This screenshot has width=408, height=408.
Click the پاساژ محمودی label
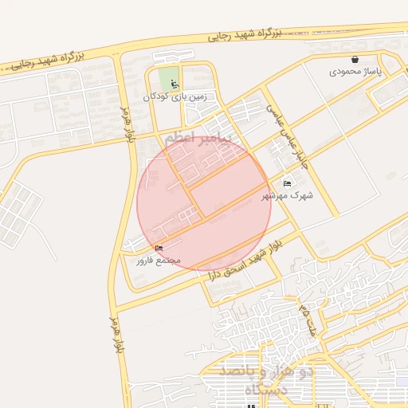click(x=357, y=72)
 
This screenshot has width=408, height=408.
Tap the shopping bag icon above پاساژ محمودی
click(x=355, y=59)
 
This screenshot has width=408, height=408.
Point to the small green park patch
click(x=168, y=80)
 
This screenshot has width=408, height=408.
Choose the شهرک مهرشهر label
click(x=288, y=194)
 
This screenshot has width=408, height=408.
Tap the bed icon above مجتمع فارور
click(x=159, y=249)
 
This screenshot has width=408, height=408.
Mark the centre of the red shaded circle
click(x=203, y=204)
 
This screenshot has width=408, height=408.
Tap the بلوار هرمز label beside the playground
click(x=126, y=124)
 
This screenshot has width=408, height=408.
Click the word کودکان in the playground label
click(x=157, y=96)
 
